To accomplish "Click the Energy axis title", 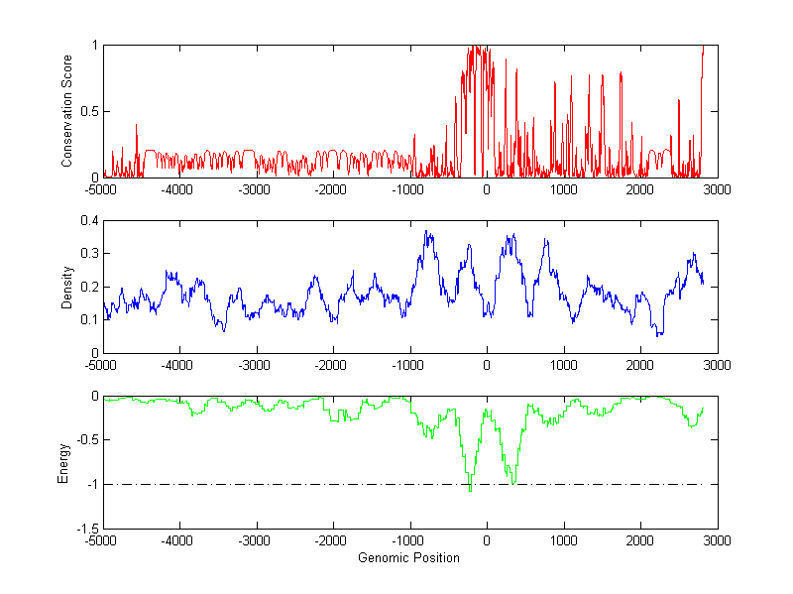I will pyautogui.click(x=64, y=462).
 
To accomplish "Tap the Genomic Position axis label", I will pyautogui.click(x=409, y=558).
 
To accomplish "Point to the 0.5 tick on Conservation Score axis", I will pyautogui.click(x=89, y=111).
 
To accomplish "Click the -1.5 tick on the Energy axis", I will pyautogui.click(x=86, y=529).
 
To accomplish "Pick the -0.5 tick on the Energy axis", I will pyautogui.click(x=86, y=440).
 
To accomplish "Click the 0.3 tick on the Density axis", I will pyautogui.click(x=89, y=253).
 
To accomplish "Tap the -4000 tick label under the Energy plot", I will pyautogui.click(x=178, y=541).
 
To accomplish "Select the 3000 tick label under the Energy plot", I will pyautogui.click(x=718, y=541).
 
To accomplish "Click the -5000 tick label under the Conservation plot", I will pyautogui.click(x=101, y=189).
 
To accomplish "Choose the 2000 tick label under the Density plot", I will pyautogui.click(x=640, y=365).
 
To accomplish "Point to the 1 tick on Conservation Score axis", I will pyautogui.click(x=94, y=46).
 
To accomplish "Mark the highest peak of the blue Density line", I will pyautogui.click(x=426, y=231).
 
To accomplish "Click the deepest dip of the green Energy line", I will pyautogui.click(x=469, y=490).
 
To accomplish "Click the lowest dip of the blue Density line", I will pyautogui.click(x=659, y=335).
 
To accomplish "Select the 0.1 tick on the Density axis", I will pyautogui.click(x=89, y=319).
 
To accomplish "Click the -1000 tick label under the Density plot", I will pyautogui.click(x=408, y=365).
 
